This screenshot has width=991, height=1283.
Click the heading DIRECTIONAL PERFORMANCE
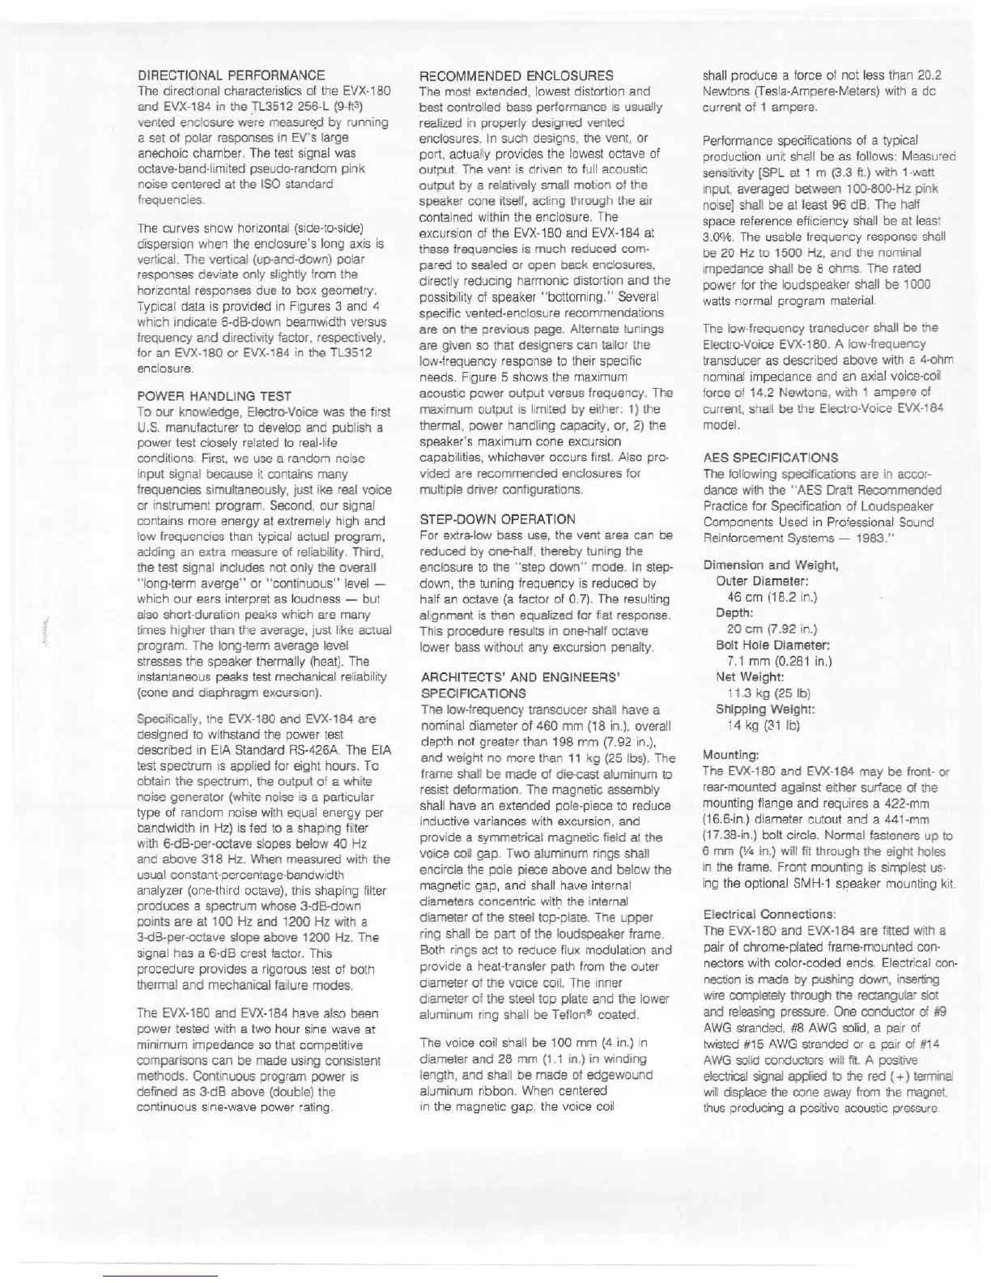click(232, 75)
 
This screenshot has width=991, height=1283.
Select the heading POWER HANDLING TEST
click(215, 396)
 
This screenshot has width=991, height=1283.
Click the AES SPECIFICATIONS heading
click(770, 458)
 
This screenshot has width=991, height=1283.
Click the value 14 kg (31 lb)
click(763, 725)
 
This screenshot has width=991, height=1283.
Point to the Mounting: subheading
click(731, 754)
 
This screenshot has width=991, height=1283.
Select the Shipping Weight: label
click(765, 709)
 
